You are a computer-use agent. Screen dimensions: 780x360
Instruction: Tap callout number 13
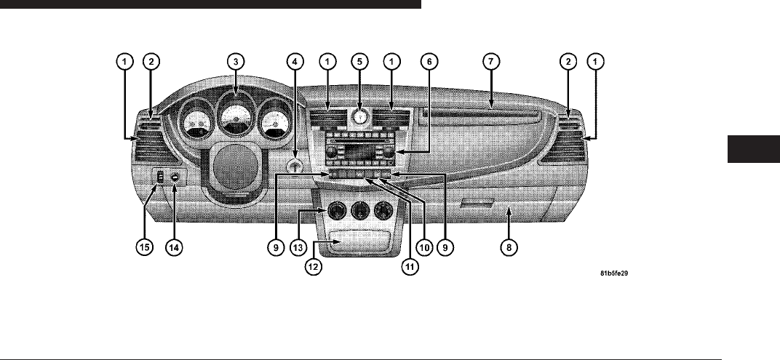click(298, 247)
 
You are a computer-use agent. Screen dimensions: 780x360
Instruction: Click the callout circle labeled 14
click(175, 247)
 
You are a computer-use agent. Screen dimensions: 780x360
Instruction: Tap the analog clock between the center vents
click(359, 118)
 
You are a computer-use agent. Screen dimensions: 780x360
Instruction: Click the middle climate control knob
click(358, 213)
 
